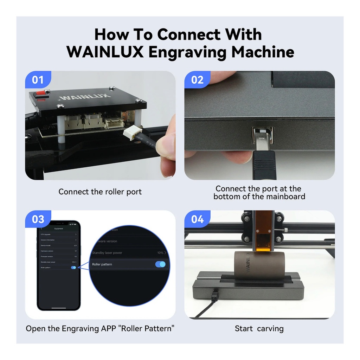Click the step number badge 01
[x=38, y=80]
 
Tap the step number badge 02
[x=197, y=80]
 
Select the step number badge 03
[x=38, y=219]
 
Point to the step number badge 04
[x=197, y=219]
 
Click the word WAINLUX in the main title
[x=105, y=52]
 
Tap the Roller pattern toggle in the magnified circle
[x=160, y=264]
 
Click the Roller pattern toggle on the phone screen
[x=73, y=268]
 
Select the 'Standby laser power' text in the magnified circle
[x=107, y=253]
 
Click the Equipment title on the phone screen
[x=59, y=229]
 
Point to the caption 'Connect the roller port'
[x=100, y=192]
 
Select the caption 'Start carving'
[x=259, y=329]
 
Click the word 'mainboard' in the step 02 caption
[x=283, y=197]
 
